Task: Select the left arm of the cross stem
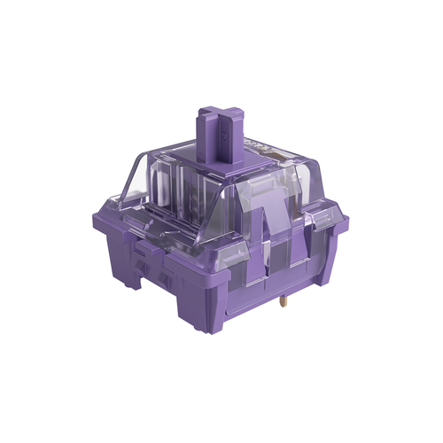(202, 113)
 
